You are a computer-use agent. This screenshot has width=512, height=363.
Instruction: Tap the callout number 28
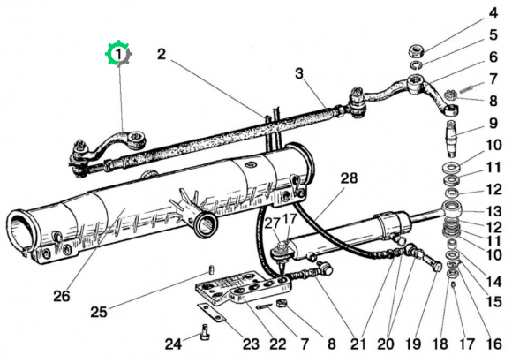[349, 178]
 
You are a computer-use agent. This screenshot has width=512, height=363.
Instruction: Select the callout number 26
[62, 296]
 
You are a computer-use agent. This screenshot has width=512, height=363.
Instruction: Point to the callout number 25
[99, 312]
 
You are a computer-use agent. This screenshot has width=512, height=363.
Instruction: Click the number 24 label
[173, 344]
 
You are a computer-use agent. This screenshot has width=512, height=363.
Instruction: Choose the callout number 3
[299, 73]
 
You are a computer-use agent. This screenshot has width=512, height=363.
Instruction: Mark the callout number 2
[162, 54]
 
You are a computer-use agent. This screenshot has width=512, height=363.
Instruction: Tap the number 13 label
[493, 211]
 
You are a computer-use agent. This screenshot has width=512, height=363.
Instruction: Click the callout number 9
[493, 123]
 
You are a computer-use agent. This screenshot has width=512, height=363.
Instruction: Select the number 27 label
[272, 223]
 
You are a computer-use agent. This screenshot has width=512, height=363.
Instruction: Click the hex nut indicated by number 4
[417, 51]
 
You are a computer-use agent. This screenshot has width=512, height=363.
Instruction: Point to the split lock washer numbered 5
[416, 64]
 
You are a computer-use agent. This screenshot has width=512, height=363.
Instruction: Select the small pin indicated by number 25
[211, 270]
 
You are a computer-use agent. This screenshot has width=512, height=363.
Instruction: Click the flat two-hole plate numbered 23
[211, 313]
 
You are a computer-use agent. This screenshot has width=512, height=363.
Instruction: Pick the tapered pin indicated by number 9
[453, 138]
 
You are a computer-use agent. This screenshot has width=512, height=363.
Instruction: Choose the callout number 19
[413, 344]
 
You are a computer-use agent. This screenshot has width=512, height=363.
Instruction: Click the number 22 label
[278, 344]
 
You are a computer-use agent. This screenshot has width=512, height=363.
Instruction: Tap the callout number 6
[493, 57]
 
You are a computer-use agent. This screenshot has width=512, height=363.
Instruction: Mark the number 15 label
[494, 301]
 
